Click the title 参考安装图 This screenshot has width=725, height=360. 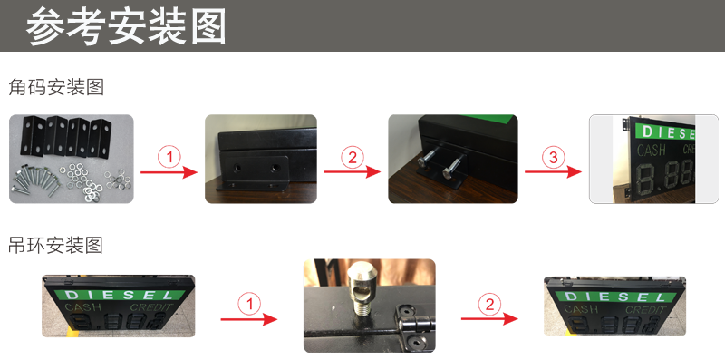coord(126,26)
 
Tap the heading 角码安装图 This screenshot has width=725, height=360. coord(56,88)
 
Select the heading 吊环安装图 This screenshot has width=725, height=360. coord(56,245)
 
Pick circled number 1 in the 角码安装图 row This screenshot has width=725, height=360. coord(169,157)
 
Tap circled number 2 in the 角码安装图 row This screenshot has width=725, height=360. coord(351,157)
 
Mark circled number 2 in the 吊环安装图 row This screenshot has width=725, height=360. coord(490,303)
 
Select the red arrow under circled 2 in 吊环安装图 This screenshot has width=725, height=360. coord(489,318)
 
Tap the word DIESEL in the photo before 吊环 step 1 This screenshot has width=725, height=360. coord(119,295)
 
